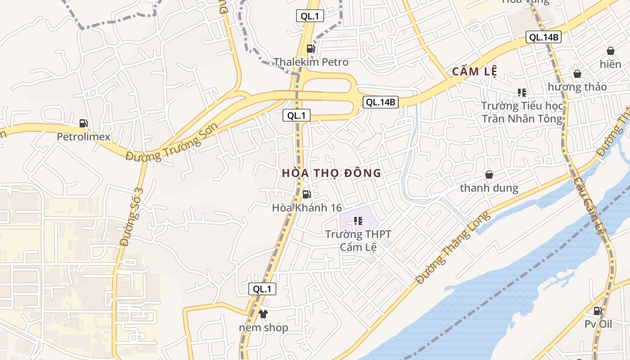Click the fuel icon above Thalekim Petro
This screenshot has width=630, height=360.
310,49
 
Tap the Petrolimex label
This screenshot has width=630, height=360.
83,137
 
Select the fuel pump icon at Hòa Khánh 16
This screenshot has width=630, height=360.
307,194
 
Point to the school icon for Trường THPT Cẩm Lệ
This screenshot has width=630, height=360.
358,221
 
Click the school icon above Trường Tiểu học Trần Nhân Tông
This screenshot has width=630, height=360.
522,93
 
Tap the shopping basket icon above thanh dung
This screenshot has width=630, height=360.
489,175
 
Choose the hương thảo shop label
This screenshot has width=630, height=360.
577,87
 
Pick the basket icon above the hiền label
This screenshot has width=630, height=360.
611,51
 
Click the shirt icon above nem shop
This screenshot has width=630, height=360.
263,314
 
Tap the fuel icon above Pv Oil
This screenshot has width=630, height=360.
598,310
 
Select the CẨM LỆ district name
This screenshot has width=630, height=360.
474,72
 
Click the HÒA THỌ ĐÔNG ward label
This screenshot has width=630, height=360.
332,173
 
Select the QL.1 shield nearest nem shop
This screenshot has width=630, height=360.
262,289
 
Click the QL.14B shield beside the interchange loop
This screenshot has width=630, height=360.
380,102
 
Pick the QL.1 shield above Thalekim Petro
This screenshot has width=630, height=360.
310,16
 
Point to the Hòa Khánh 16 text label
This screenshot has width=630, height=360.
307,208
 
